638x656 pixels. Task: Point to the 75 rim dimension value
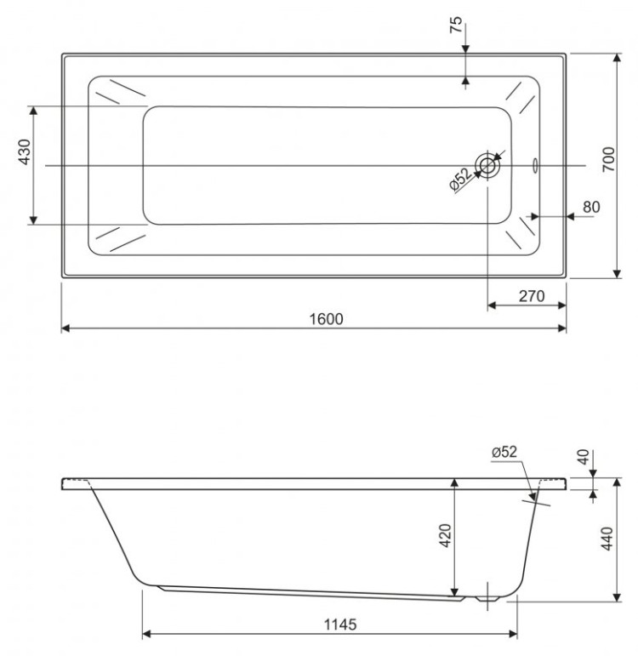[x=457, y=26]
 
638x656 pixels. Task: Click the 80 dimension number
[x=592, y=207]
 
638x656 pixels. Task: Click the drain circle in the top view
[x=487, y=165]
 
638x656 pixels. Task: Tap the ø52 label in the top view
[x=460, y=178]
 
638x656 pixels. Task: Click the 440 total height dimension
[x=607, y=539]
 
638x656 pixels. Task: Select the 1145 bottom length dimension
[x=336, y=624]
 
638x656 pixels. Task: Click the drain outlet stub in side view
[x=487, y=596]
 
